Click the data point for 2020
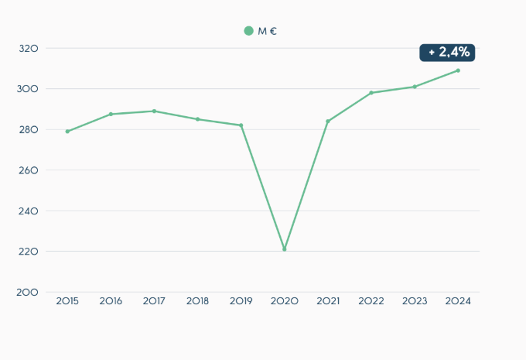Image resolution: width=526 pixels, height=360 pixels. pos(285,249)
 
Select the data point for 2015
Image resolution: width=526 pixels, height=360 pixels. pos(67,132)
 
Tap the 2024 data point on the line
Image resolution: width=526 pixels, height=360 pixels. pos(458,70)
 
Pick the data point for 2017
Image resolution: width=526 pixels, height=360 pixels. pos(155,111)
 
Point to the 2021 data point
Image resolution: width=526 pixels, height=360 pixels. pos(328,121)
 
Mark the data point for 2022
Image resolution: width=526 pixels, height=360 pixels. pos(371,93)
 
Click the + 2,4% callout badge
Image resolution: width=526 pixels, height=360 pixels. pos(447,53)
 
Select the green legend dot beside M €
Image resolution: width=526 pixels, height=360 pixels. pos(248,31)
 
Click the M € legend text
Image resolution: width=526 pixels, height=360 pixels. pos(268,31)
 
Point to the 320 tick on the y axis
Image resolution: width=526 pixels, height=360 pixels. pos(29,49)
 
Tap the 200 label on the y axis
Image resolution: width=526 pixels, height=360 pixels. pos(29,292)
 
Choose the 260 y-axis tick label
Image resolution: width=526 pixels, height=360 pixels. pos(29,170)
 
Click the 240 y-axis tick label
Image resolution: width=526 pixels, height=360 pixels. pos(29,211)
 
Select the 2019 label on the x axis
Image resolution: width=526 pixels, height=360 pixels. pos(241,301)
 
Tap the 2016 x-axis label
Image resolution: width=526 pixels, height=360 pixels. pos(111,301)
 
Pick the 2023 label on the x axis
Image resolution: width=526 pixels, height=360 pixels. pos(415,301)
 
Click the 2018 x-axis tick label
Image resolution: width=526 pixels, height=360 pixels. pos(198,301)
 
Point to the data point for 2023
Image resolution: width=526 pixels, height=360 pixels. pos(415,87)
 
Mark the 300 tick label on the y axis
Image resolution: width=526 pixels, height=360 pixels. pos(29,89)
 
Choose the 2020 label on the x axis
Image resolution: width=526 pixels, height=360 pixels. pos(285,301)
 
